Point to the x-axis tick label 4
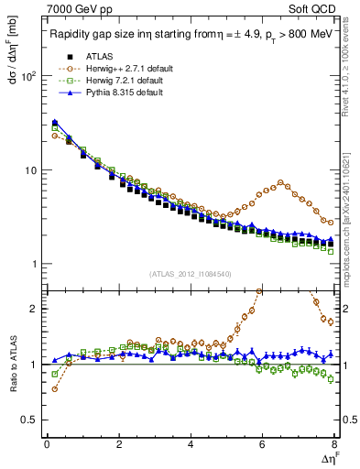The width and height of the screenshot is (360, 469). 191,446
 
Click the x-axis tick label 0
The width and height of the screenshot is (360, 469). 47,446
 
